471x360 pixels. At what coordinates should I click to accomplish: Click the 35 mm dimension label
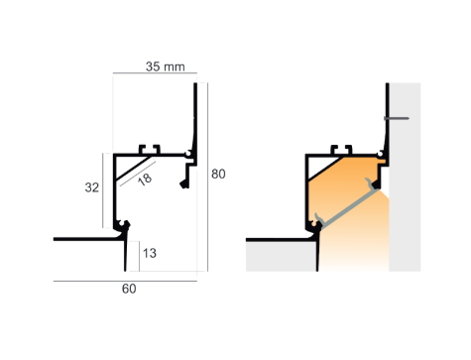[x=166, y=66]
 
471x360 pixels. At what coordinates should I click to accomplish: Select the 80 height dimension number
[x=218, y=174]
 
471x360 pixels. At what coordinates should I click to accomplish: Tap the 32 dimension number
[x=92, y=187]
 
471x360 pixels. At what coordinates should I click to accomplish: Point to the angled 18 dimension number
[x=145, y=180]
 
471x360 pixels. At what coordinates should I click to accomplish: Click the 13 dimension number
[x=150, y=253]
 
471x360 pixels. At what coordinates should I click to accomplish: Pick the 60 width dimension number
[x=129, y=289]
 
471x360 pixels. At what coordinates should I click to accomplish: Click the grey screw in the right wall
[x=397, y=118]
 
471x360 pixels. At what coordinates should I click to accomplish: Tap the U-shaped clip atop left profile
[x=150, y=149]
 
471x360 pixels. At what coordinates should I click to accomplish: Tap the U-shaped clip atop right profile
[x=341, y=149]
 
